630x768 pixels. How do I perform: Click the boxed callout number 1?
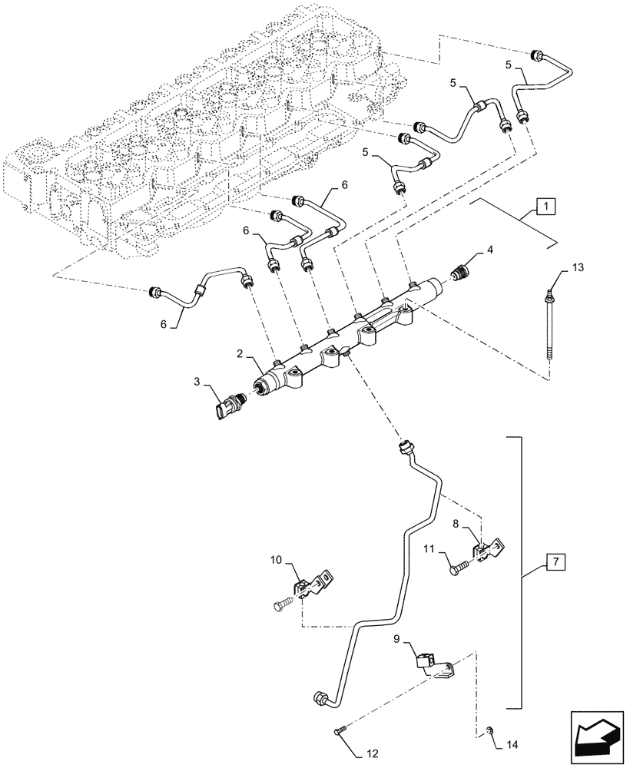543,207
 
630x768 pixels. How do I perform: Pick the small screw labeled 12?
341,732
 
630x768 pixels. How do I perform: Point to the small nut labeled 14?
489,729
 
